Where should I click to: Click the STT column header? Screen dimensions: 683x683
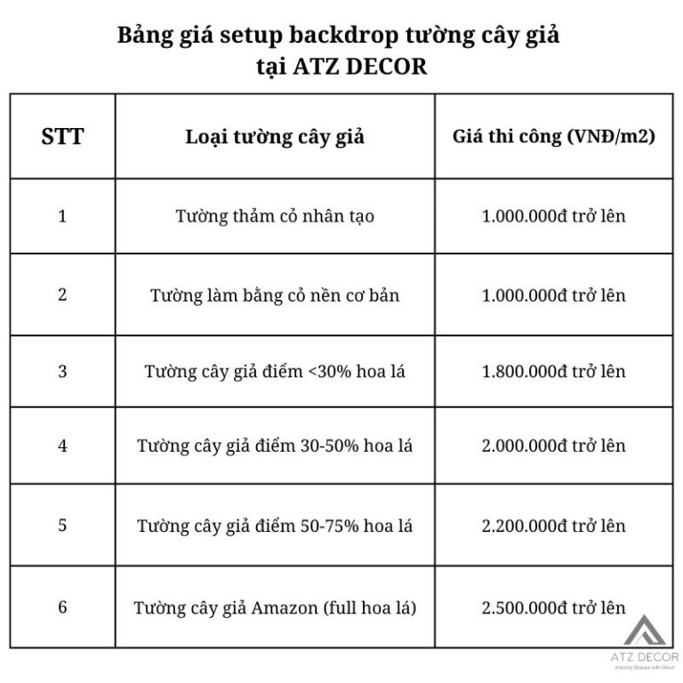point(62,137)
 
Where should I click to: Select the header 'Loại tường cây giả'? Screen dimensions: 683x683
point(275,137)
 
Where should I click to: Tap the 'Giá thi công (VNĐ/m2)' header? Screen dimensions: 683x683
point(553,137)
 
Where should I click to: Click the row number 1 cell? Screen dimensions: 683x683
point(62,215)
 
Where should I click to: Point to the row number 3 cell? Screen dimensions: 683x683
point(62,371)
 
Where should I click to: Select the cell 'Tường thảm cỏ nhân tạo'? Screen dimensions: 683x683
point(275,216)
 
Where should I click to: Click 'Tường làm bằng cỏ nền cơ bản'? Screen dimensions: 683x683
point(275,294)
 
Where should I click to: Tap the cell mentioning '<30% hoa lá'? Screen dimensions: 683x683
point(275,372)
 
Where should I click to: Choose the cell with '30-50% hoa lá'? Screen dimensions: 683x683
point(275,446)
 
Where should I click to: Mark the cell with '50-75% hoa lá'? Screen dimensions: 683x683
point(275,526)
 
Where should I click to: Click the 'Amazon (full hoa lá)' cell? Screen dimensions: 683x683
point(275,608)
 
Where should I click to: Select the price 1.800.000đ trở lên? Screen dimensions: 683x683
point(553,372)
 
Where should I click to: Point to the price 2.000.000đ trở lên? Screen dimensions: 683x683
point(553,446)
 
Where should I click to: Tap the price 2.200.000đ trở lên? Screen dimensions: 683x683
point(553,526)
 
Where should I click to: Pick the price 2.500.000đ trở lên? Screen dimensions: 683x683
point(553,608)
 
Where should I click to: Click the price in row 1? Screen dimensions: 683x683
point(553,216)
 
